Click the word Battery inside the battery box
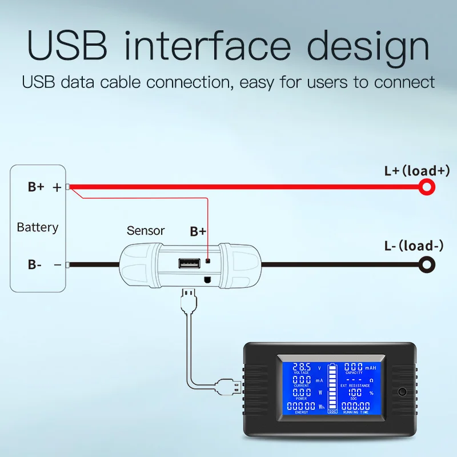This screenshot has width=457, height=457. pyautogui.click(x=38, y=227)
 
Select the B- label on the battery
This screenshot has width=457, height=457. pyautogui.click(x=35, y=264)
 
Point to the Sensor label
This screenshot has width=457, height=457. pyautogui.click(x=146, y=231)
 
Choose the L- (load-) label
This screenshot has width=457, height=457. pyautogui.click(x=414, y=246)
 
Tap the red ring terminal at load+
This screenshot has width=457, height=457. pyautogui.click(x=427, y=186)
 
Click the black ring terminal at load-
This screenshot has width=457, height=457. pyautogui.click(x=427, y=264)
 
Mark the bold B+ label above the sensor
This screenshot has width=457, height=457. pyautogui.click(x=198, y=231)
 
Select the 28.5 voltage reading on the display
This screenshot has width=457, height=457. pyautogui.click(x=302, y=367)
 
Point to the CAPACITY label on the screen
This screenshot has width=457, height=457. pyautogui.click(x=354, y=373)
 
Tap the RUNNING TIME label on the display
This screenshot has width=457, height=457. pyautogui.click(x=354, y=412)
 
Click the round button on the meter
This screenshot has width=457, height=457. pyautogui.click(x=403, y=392)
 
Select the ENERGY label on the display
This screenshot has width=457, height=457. pyautogui.click(x=302, y=412)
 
